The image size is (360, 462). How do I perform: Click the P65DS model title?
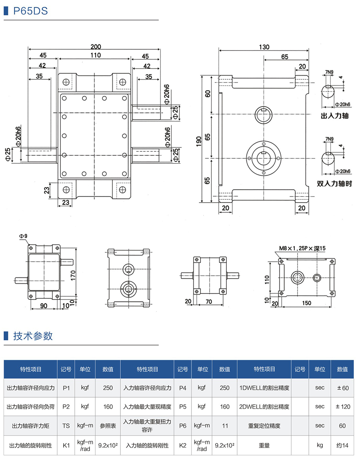[30, 11]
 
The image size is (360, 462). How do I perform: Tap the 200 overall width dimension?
[96, 46]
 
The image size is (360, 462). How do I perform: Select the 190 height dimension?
[199, 141]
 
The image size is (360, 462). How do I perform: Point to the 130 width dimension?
[264, 46]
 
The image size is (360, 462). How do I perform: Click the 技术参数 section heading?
[33, 335]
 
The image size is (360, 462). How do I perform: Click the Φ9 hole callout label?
[23, 237]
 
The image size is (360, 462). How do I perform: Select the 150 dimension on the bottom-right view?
[306, 303]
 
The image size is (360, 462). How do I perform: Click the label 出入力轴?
[335, 116]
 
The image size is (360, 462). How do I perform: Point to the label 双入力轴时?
[334, 184]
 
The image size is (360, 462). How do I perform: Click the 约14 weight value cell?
[342, 445]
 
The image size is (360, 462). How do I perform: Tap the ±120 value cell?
[342, 407]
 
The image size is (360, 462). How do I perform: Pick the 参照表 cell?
[108, 426]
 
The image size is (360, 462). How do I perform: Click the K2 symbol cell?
[183, 445]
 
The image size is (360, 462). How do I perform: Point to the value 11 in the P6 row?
[225, 426]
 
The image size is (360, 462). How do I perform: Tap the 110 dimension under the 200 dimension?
[95, 56]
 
